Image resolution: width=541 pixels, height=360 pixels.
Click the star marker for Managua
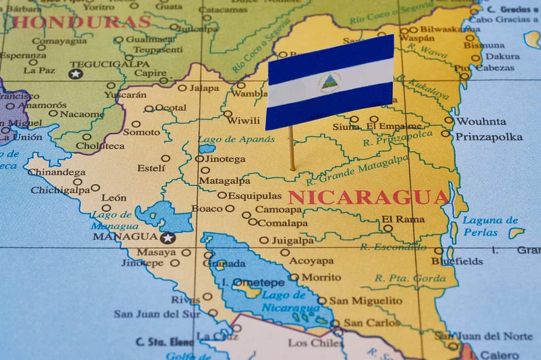[169, 238]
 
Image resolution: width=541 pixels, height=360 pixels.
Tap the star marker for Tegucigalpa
[76, 73]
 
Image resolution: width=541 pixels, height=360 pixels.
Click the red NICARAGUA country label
[368, 197]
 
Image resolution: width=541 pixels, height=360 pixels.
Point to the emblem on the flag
[330, 82]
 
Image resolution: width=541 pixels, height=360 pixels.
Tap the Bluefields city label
[457, 261]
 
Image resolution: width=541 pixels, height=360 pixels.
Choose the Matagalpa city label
[225, 181]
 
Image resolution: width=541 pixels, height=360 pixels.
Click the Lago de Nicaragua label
[291, 301]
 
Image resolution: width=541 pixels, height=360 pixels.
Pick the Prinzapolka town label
[489, 137]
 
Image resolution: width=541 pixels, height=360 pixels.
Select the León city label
[114, 198]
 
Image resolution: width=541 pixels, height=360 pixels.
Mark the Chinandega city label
[57, 172]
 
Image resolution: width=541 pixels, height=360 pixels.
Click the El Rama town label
[403, 219]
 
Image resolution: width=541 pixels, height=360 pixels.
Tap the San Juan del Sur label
[157, 314]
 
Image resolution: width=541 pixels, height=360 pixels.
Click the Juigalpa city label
[292, 241]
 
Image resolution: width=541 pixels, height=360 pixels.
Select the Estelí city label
[151, 168]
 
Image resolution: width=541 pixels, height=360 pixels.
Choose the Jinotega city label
[225, 159]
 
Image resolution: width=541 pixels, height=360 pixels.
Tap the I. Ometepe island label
[253, 282]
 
